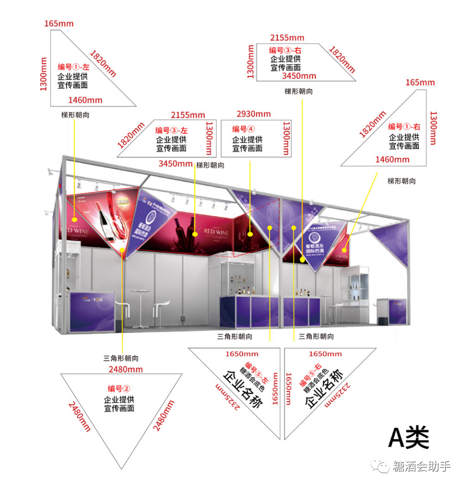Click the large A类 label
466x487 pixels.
pos(408,438)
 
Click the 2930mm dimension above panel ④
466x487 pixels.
pos(253,114)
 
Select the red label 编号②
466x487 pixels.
pos(119,388)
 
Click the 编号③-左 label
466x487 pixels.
pos(171,130)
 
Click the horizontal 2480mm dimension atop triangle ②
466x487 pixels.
pos(126,370)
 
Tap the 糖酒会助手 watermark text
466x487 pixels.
pos(422,467)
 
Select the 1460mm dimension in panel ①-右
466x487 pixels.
pos(392,159)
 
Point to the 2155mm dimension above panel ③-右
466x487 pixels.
pos(287,38)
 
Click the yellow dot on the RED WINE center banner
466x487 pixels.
pos(194,234)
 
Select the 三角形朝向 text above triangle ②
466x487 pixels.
pos(121,358)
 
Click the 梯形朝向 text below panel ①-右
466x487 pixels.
pos(401,181)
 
